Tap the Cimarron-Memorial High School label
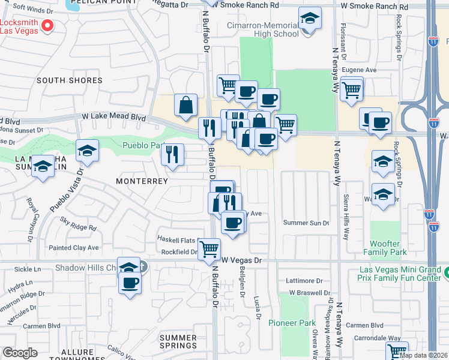click(262, 29)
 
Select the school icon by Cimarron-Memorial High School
click(310, 19)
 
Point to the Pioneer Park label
click(292, 323)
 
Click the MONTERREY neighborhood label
click(142, 181)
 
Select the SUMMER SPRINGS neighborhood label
click(178, 341)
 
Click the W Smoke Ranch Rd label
click(246, 5)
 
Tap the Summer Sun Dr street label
click(306, 223)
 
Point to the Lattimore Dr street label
click(304, 280)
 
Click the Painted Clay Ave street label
click(73, 247)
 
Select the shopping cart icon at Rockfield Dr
click(209, 248)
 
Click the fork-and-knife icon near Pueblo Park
click(172, 155)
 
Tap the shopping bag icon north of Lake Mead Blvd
click(186, 105)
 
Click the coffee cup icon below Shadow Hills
click(130, 282)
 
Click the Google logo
click(20, 353)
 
